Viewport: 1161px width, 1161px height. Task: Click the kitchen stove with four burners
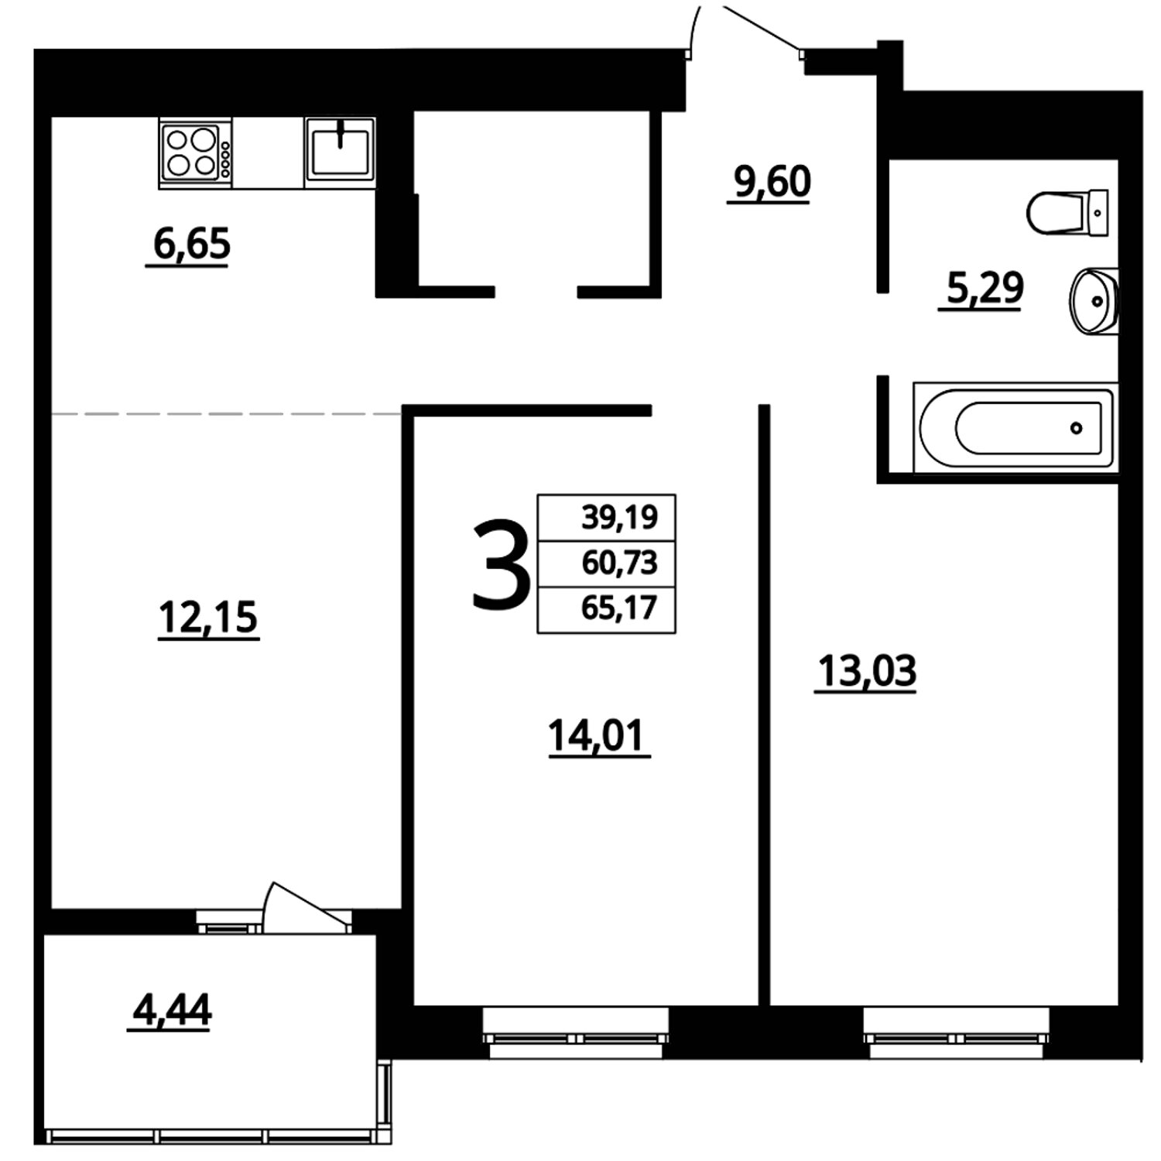tap(195, 152)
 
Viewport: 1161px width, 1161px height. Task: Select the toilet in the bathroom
tap(1068, 212)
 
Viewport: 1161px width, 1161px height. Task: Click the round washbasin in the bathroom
tap(1094, 300)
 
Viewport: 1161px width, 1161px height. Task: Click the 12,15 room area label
tap(208, 618)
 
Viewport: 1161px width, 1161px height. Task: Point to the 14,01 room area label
tap(596, 736)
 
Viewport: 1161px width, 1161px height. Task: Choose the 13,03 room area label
tap(867, 671)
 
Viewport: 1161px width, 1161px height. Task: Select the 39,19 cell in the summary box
tap(607, 517)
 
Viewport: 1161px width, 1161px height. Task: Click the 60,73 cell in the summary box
tap(607, 563)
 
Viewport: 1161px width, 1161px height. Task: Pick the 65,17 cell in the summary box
tap(607, 609)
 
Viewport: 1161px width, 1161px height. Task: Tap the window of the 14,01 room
tap(575, 1033)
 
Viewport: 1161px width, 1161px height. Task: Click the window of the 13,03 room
tap(957, 1033)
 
